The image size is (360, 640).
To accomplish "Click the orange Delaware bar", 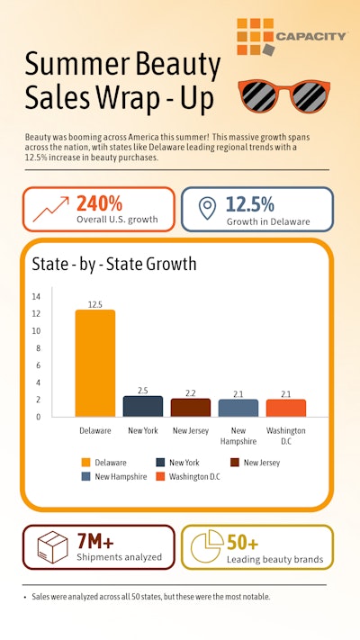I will [x=94, y=363].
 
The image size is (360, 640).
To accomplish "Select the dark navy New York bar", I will [x=142, y=406].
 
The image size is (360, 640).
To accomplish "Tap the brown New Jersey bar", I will [x=191, y=407].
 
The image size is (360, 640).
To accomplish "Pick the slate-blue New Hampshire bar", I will [x=238, y=408].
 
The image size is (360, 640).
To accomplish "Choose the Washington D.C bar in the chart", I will [x=286, y=408].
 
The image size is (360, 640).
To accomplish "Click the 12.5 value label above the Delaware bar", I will [x=94, y=303].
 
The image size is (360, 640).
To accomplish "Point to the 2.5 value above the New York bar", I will [x=142, y=390].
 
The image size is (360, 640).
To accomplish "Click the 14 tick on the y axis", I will [x=36, y=296].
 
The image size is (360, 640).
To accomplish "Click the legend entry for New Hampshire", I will [x=119, y=476].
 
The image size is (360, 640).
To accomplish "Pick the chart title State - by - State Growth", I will [x=113, y=265].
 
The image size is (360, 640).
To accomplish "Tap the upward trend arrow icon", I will [x=50, y=209].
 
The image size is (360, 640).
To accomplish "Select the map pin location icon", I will [x=207, y=209].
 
